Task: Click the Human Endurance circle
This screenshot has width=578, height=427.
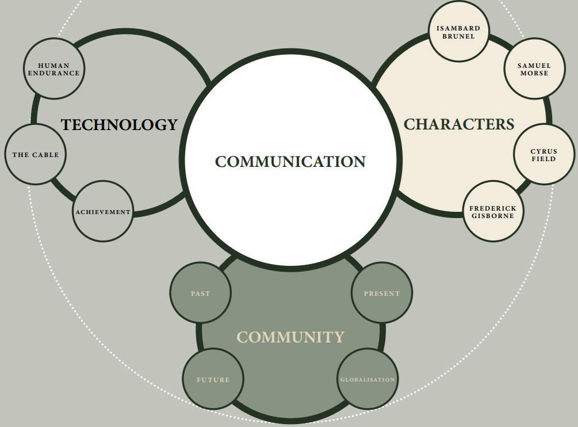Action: (x=54, y=68)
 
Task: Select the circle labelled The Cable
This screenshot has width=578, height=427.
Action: (x=36, y=154)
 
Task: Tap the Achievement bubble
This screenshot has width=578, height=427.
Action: (x=103, y=211)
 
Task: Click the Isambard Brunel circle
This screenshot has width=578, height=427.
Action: (x=458, y=31)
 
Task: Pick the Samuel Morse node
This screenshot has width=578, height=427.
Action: (x=534, y=68)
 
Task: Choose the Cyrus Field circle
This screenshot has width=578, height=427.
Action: (x=543, y=154)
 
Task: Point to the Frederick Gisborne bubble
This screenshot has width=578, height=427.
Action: (x=493, y=211)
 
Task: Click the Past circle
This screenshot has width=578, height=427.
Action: (x=201, y=293)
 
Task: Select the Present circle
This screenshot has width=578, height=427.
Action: (x=381, y=293)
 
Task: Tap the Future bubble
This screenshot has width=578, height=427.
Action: (x=213, y=379)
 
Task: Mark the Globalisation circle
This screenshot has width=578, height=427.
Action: (x=368, y=379)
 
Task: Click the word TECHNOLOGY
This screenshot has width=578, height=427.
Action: (x=120, y=125)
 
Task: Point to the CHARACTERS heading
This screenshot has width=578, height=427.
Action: (x=459, y=124)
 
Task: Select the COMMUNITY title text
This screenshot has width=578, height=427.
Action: (x=290, y=337)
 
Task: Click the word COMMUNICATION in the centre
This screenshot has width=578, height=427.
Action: (x=290, y=162)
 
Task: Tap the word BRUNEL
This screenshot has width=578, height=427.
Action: (x=458, y=36)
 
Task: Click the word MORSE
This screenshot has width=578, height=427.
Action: (x=534, y=74)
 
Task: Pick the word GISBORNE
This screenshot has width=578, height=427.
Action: (x=493, y=216)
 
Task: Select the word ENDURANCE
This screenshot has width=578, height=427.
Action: (x=54, y=74)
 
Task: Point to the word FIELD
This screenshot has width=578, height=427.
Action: (x=543, y=159)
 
